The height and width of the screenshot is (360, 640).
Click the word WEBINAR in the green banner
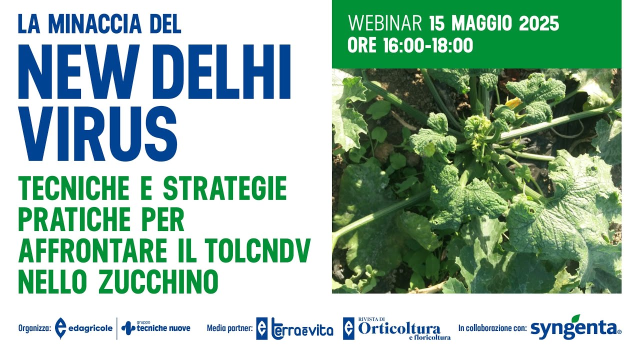tap(385, 23)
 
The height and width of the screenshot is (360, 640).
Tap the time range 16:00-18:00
tap(428, 45)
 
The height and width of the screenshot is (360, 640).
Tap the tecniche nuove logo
tap(156, 328)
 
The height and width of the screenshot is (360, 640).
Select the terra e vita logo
tap(295, 328)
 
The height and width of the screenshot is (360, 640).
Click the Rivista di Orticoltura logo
tap(397, 328)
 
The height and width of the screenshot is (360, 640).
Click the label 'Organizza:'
tap(34, 328)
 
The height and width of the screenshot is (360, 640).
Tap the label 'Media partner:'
tap(229, 328)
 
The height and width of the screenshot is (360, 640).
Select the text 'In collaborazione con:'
tap(492, 328)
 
